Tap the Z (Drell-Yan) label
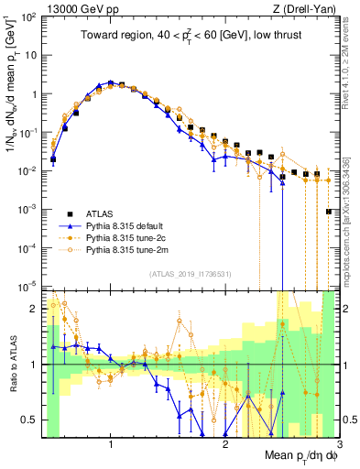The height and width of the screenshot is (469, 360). [x=308, y=7]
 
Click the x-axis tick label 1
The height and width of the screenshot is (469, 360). [x=111, y=443]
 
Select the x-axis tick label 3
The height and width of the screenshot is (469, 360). [x=339, y=443]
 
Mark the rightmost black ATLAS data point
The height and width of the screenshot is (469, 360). [x=328, y=212]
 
